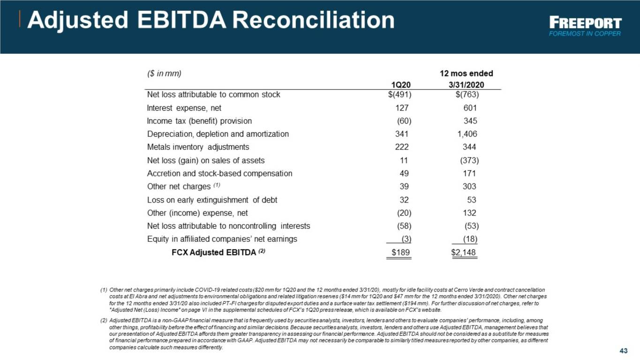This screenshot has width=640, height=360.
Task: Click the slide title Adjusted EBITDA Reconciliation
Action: [x=211, y=20]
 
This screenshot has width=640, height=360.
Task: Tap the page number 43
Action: [x=624, y=351]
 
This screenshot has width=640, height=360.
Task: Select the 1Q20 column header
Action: [x=400, y=85]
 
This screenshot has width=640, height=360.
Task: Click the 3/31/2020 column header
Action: [x=466, y=85]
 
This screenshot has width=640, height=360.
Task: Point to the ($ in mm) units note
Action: [x=164, y=74]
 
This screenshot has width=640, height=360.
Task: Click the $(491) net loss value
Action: [x=400, y=95]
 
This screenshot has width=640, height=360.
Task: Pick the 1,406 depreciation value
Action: [x=467, y=134]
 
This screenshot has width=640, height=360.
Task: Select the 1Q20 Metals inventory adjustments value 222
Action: [x=402, y=147]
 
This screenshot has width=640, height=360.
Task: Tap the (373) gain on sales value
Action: [x=469, y=161]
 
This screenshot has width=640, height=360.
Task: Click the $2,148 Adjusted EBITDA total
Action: [x=463, y=253]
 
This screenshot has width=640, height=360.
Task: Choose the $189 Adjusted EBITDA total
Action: [x=400, y=253]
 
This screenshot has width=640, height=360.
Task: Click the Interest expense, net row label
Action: [x=184, y=108]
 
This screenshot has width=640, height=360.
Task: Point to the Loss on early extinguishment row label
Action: [x=212, y=200]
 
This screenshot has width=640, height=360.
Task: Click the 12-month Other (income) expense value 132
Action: [x=469, y=213]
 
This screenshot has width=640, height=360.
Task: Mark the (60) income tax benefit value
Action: [x=404, y=121]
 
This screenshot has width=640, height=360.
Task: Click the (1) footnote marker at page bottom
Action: [x=104, y=290]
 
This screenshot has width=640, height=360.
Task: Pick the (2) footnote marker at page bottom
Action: [x=104, y=321]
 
